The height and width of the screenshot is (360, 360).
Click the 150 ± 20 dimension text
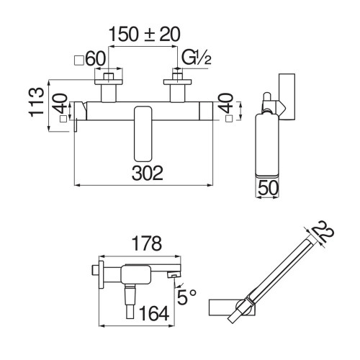144,34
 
